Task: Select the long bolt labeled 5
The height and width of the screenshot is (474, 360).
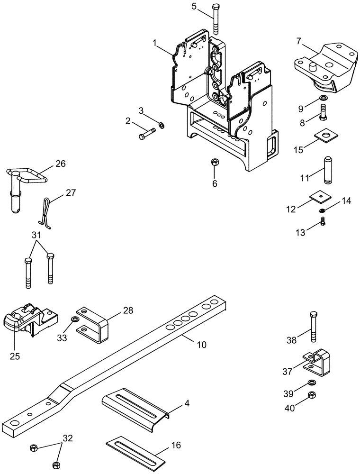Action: (216, 20)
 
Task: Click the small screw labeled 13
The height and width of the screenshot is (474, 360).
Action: (323, 220)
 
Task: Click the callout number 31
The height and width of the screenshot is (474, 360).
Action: (36, 235)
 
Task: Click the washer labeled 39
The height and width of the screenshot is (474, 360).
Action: (312, 383)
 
